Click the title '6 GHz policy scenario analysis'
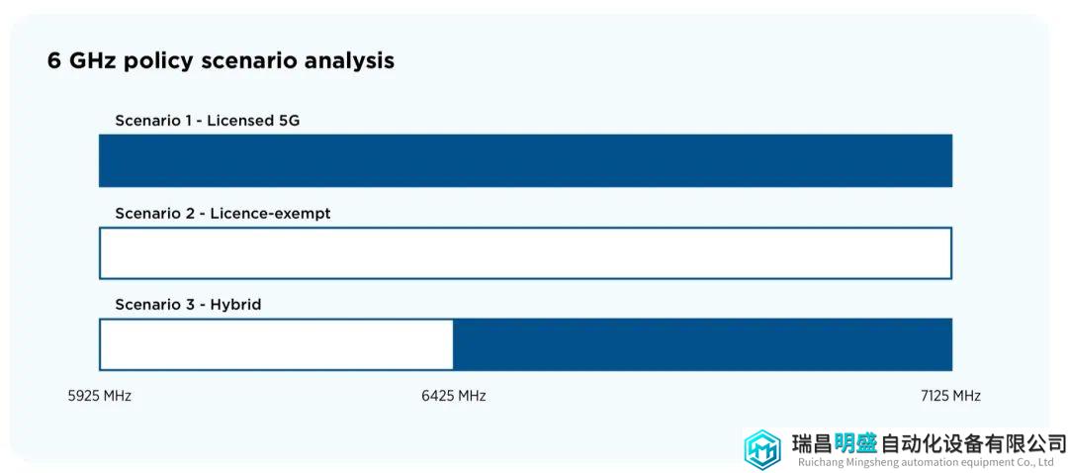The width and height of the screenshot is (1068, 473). [x=221, y=61]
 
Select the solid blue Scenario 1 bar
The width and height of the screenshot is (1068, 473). [x=525, y=160]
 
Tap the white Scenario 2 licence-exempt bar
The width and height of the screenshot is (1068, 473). [x=525, y=253]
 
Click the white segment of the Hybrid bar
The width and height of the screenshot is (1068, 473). [x=276, y=345]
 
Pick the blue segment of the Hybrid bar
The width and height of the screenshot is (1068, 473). [x=703, y=345]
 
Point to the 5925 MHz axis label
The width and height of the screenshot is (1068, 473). [x=100, y=396]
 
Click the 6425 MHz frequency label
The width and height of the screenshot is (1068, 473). [x=454, y=396]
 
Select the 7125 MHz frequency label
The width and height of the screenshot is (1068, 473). [x=950, y=396]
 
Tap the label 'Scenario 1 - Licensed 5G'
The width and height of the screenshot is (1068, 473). [x=207, y=121]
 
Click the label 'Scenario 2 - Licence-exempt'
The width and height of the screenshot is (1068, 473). [x=222, y=214]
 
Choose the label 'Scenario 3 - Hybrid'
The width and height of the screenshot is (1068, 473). [x=188, y=306]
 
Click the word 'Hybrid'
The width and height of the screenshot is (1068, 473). [x=235, y=306]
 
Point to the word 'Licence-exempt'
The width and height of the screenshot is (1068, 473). [x=270, y=214]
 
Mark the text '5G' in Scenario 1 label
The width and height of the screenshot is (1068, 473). [x=289, y=121]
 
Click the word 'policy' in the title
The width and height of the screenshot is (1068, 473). [x=164, y=62]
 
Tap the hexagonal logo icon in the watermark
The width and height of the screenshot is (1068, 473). [x=762, y=450]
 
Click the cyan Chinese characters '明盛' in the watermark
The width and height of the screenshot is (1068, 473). [x=855, y=443]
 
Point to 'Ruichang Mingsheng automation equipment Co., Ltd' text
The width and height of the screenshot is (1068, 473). [x=930, y=463]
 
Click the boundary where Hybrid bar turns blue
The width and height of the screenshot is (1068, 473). [x=454, y=345]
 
